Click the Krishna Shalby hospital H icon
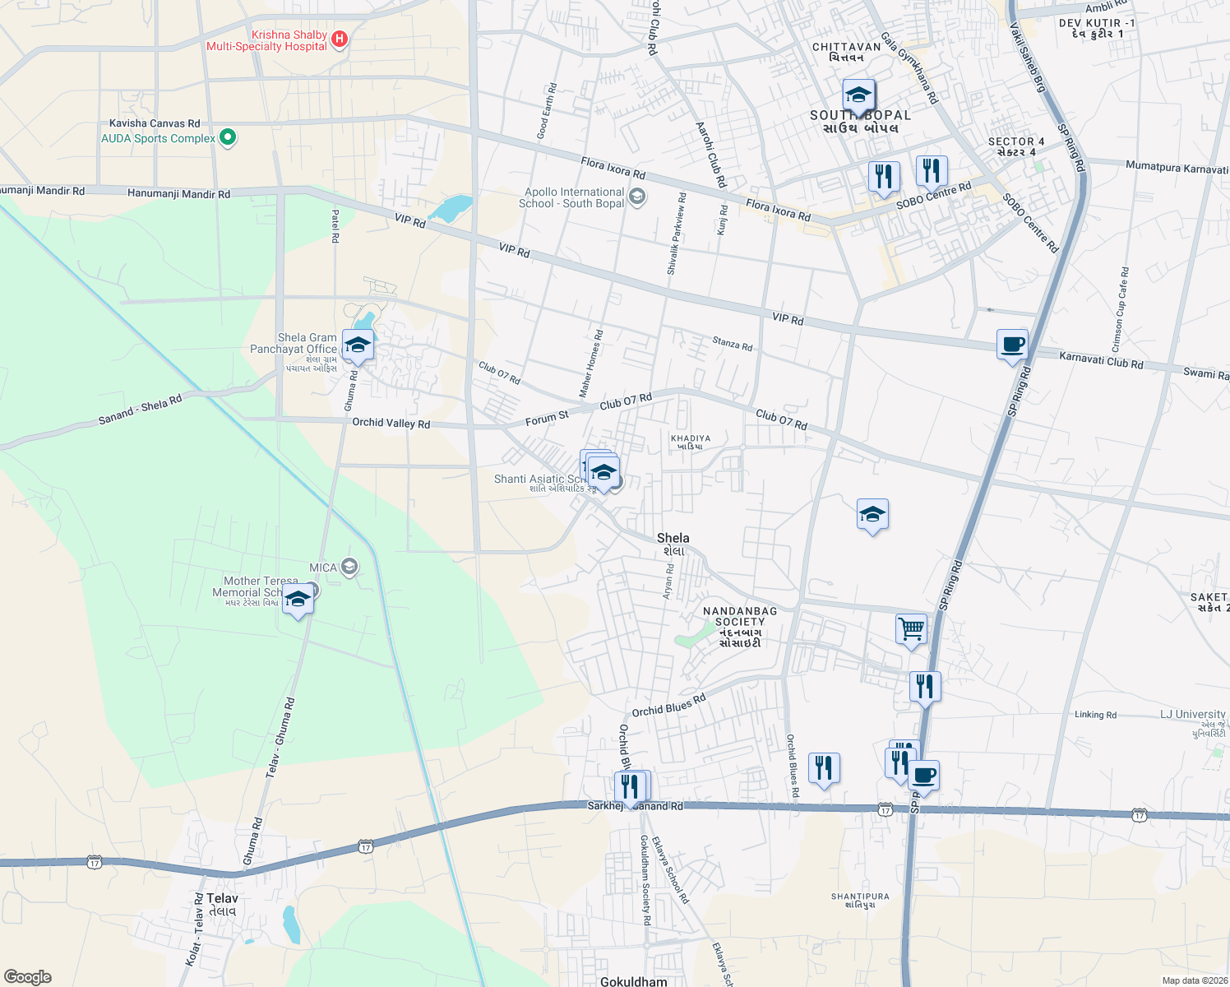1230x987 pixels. click(x=339, y=39)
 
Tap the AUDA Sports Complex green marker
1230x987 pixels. click(x=228, y=138)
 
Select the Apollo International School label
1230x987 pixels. click(x=574, y=197)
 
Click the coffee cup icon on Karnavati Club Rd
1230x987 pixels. click(x=1012, y=344)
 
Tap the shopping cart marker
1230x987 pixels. click(x=911, y=629)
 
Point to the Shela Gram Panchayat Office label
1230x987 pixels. click(x=307, y=344)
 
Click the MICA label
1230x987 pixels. click(x=323, y=568)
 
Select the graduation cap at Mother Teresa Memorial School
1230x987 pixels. click(x=298, y=600)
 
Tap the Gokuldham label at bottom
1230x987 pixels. click(x=633, y=981)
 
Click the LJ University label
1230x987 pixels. click(x=1192, y=714)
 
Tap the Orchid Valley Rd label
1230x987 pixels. click(x=391, y=423)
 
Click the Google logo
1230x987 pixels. click(x=27, y=976)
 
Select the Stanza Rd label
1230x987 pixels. click(x=732, y=345)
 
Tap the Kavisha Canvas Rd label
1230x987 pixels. click(x=155, y=123)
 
